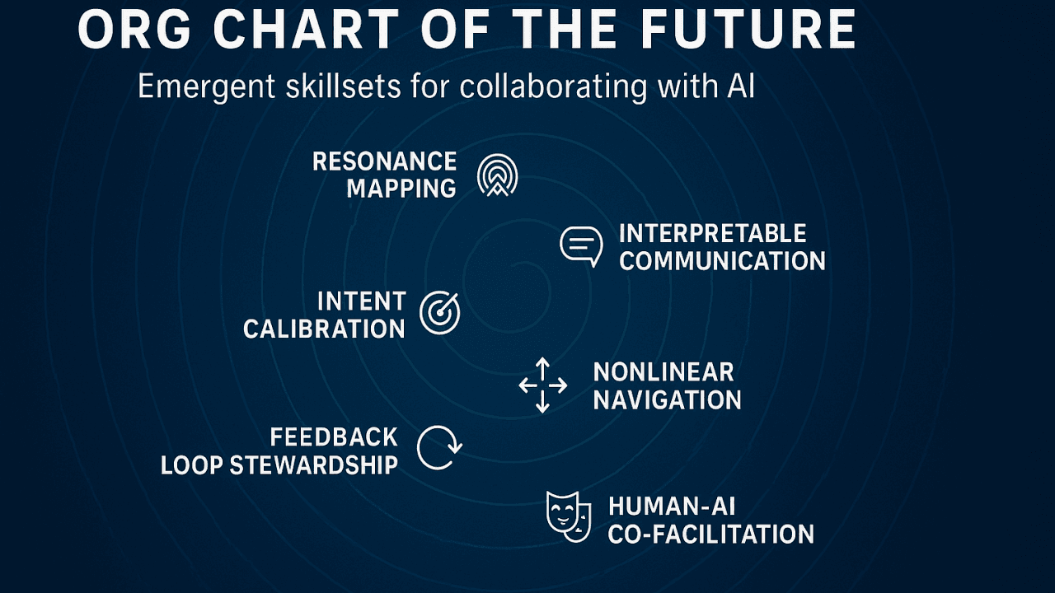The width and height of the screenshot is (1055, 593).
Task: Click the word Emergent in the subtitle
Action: pyautogui.click(x=206, y=87)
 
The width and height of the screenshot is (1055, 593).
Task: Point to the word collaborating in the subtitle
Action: pyautogui.click(x=553, y=87)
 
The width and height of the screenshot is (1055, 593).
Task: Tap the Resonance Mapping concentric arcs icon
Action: pyautogui.click(x=497, y=175)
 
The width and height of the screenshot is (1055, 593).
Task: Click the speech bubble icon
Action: pyautogui.click(x=581, y=246)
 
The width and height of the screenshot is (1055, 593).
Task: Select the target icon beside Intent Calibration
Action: pyautogui.click(x=439, y=313)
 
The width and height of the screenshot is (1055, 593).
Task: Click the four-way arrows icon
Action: pyautogui.click(x=542, y=385)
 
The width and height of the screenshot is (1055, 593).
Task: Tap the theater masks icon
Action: pyautogui.click(x=569, y=516)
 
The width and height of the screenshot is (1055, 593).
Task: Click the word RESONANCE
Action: pyautogui.click(x=384, y=161)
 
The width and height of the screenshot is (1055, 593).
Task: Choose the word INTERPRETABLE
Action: pyautogui.click(x=713, y=234)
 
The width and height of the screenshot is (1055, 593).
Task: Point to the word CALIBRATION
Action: pyautogui.click(x=324, y=329)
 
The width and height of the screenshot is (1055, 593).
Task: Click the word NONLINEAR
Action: pyautogui.click(x=663, y=372)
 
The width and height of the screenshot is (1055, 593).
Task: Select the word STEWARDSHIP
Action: pyautogui.click(x=314, y=465)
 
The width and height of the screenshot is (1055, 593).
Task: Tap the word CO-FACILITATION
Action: pyautogui.click(x=710, y=535)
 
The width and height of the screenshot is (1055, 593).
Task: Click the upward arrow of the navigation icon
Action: pyautogui.click(x=542, y=368)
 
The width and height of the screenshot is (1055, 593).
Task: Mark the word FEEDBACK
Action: pyautogui.click(x=334, y=437)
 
